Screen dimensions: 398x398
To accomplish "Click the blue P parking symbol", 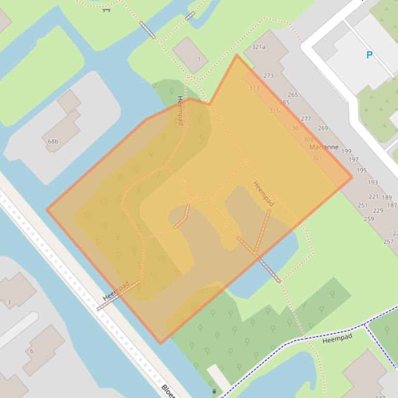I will point(369,55).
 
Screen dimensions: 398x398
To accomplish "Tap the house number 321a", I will point(258,47).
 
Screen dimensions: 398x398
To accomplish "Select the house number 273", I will point(268,75).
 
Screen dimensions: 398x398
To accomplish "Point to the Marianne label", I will point(324,147).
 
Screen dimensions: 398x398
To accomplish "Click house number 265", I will point(293,95).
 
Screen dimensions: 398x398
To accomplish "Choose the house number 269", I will point(323,128).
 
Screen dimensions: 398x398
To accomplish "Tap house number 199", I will point(346,151).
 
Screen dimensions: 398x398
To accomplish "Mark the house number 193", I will point(373,182).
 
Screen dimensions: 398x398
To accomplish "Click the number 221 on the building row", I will point(374,197).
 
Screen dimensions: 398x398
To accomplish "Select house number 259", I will point(368,219).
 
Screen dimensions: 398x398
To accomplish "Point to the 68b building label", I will point(53,141).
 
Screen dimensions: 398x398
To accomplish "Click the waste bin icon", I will point(214,392).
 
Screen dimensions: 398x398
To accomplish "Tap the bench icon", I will point(107,9).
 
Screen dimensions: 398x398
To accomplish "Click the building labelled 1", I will point(199,59).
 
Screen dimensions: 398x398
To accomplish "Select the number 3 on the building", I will point(9,302).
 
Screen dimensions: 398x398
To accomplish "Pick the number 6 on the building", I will point(32,351).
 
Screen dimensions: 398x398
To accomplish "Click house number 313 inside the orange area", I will point(254,88).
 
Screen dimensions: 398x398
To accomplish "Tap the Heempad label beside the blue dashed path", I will point(337,339).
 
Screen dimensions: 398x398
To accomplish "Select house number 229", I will point(378,210).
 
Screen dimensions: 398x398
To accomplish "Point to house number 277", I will point(306,118).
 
